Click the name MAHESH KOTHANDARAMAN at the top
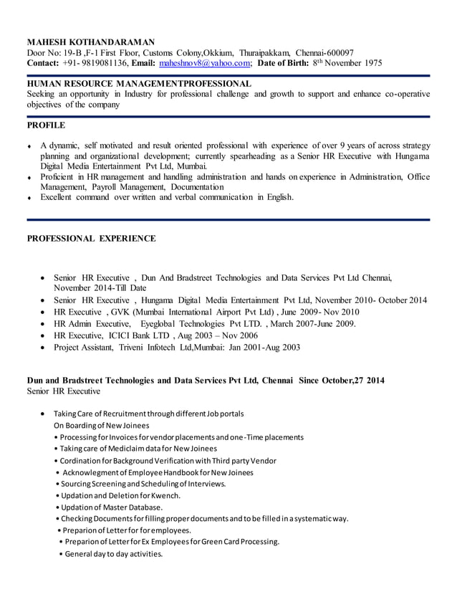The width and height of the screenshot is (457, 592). click(90, 42)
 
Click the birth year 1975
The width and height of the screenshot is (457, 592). click(369, 63)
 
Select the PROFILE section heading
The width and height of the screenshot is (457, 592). click(46, 125)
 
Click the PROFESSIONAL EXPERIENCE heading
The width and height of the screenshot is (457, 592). click(91, 238)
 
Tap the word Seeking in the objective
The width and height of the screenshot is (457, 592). click(43, 94)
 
